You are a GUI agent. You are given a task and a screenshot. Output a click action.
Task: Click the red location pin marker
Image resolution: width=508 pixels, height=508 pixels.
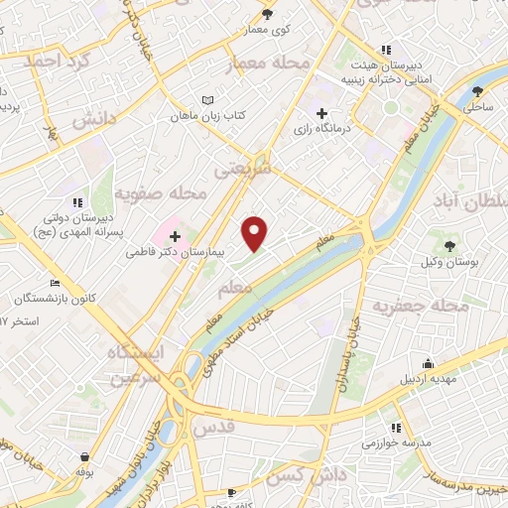pos(256,232)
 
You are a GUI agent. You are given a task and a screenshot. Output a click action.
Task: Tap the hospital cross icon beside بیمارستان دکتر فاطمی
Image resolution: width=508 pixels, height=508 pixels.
pos(175,236)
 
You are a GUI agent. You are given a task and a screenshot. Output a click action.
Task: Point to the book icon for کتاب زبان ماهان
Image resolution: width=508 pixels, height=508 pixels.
pos(207,100)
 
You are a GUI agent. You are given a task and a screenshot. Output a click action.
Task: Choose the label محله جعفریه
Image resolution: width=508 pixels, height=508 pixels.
pos(419,307)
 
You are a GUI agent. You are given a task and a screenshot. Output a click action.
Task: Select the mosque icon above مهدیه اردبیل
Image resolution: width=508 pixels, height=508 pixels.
pos(427,363)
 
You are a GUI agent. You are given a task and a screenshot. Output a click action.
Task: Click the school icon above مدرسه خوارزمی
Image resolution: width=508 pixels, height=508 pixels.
pos(396,427)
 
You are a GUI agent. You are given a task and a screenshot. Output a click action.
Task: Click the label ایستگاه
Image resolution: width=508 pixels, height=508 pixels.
pos(141,352)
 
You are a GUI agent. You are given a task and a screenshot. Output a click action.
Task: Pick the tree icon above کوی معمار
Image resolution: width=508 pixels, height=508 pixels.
pos(267,13)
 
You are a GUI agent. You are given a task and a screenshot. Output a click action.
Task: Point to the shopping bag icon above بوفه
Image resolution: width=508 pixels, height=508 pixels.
pos(85,457)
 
